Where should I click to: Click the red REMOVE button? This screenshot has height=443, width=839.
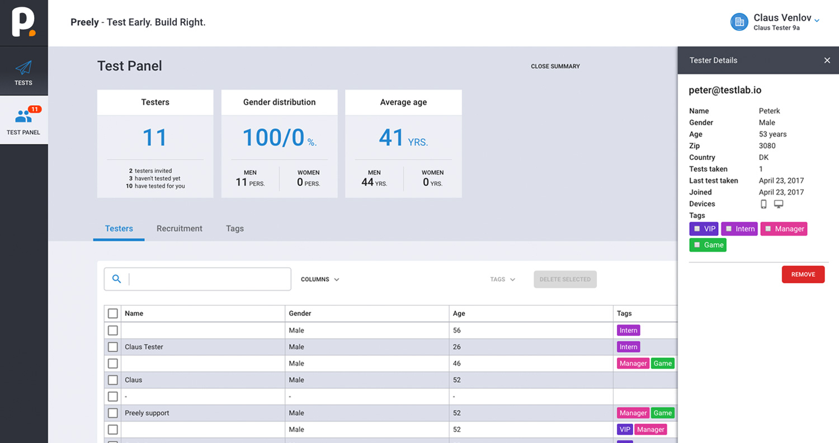(x=803, y=275)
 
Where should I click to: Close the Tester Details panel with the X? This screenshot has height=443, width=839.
(x=827, y=60)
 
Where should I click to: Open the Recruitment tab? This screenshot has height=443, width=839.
(x=180, y=228)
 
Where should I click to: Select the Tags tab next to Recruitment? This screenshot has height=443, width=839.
(x=235, y=228)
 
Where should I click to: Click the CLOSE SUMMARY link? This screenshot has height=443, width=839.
(x=555, y=66)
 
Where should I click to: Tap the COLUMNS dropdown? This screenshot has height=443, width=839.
(x=320, y=279)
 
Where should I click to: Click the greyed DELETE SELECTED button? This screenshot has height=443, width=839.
(x=565, y=279)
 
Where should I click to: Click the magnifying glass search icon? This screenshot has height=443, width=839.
(x=116, y=279)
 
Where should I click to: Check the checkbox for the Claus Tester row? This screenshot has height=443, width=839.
(x=113, y=347)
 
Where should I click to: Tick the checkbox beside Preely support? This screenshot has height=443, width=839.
(x=113, y=413)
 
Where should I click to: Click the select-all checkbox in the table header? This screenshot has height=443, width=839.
(x=113, y=313)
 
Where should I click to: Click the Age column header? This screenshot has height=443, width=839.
(x=459, y=313)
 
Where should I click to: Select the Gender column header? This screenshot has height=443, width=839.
(x=300, y=313)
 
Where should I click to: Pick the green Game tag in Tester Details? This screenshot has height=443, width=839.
(x=708, y=245)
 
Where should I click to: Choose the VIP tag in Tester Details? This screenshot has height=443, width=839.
(x=704, y=229)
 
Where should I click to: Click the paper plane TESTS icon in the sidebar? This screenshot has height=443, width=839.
(x=23, y=68)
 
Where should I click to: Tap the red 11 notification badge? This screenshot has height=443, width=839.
(x=35, y=109)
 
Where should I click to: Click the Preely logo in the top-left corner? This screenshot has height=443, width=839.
(x=23, y=22)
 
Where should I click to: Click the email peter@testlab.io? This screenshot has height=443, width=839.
(x=725, y=90)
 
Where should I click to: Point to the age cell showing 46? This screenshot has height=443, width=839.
(x=456, y=363)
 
